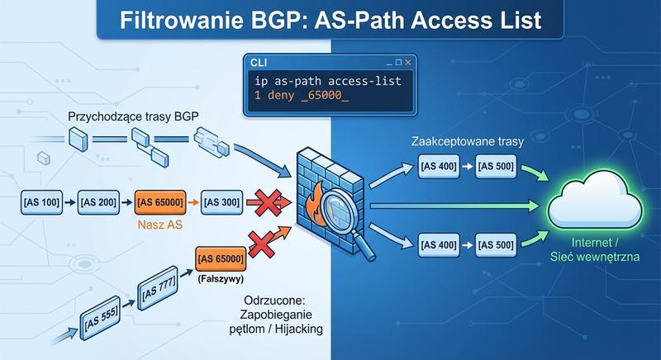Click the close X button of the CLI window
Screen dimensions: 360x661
[407, 62]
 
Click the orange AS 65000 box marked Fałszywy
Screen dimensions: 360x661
[220, 258]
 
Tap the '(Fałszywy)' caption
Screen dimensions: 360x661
[220, 279]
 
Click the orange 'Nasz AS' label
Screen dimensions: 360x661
[159, 222]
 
